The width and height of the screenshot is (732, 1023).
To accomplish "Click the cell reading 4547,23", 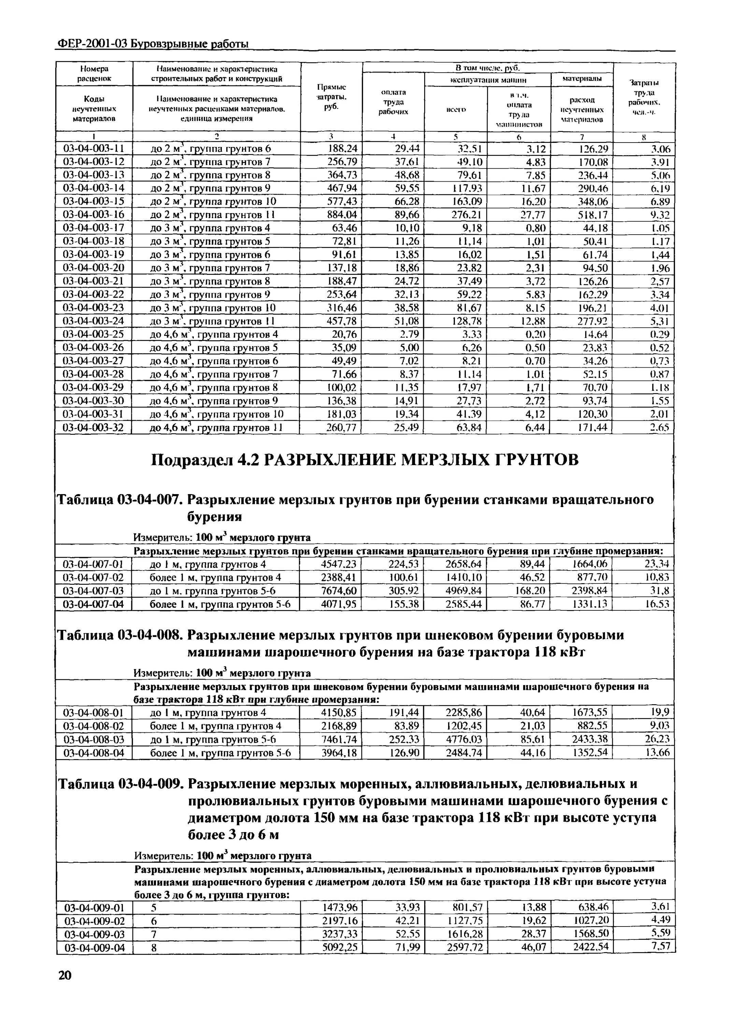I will click(x=338, y=564).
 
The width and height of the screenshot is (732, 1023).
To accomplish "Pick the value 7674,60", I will click(x=338, y=590).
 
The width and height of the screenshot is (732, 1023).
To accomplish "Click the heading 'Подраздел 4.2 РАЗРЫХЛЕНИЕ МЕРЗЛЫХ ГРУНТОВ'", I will click(x=364, y=460).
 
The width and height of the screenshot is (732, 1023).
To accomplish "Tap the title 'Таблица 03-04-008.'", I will click(x=119, y=635).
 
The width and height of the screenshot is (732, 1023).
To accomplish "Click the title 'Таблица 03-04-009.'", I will click(x=120, y=784).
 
